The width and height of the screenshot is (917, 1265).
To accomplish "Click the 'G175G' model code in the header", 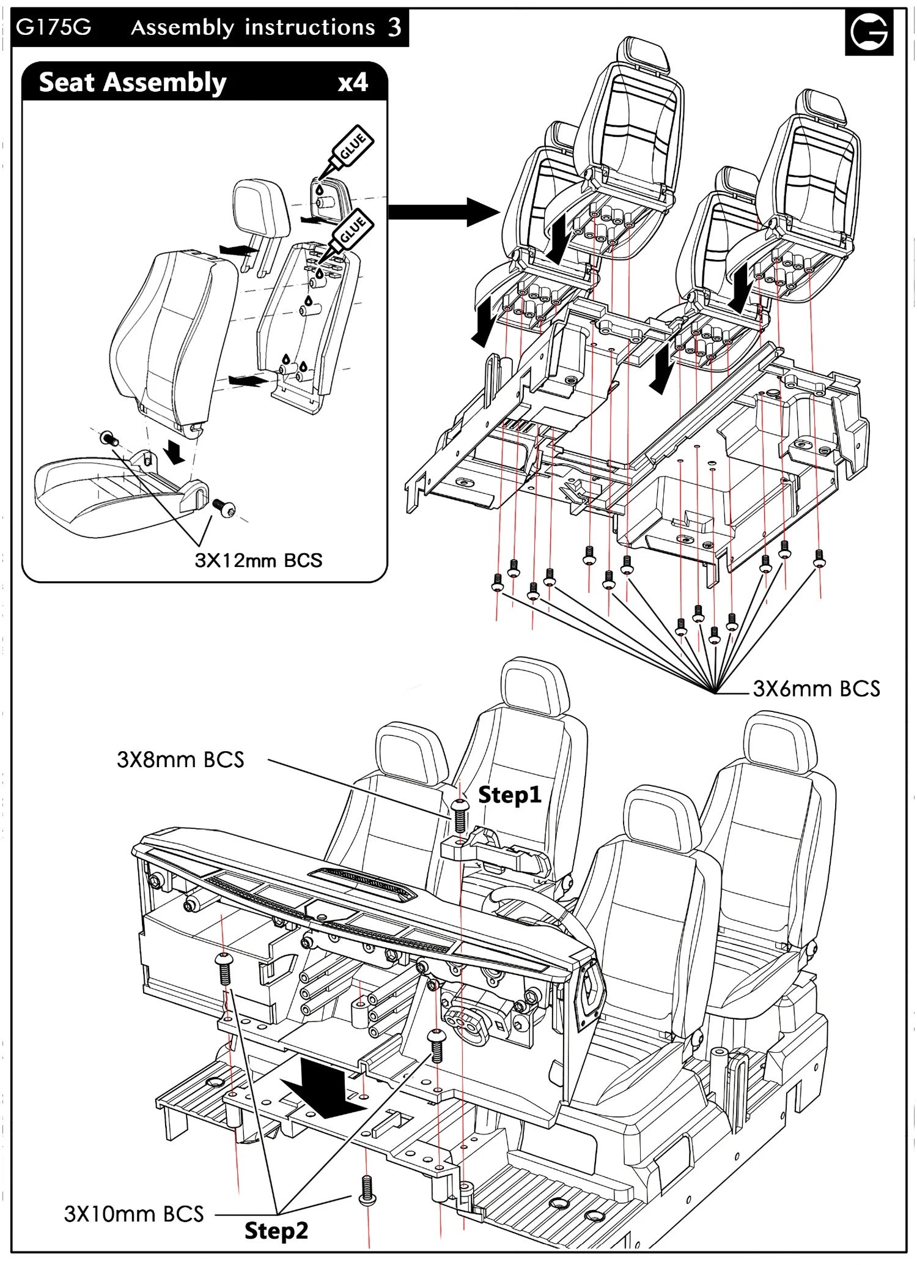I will (x=54, y=28).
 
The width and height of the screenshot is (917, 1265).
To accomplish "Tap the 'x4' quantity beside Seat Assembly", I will (x=353, y=83).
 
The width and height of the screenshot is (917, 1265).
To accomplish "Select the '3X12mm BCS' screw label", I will (x=258, y=560).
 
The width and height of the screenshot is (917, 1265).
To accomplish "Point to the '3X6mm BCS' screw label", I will (x=816, y=689).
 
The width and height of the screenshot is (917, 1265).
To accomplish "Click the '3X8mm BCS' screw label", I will (x=180, y=760).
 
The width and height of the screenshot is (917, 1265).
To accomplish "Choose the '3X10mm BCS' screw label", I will (x=133, y=1214).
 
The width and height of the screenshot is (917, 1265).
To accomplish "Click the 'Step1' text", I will (x=509, y=795).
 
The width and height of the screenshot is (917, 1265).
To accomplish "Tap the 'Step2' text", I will (x=276, y=1231).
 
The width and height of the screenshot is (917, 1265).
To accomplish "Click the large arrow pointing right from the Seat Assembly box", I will (x=443, y=212).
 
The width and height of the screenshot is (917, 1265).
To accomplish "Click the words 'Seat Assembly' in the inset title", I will (x=133, y=83).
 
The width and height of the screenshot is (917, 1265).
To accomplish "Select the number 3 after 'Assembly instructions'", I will (x=394, y=28).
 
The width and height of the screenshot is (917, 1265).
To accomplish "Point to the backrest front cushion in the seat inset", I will (x=174, y=330).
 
